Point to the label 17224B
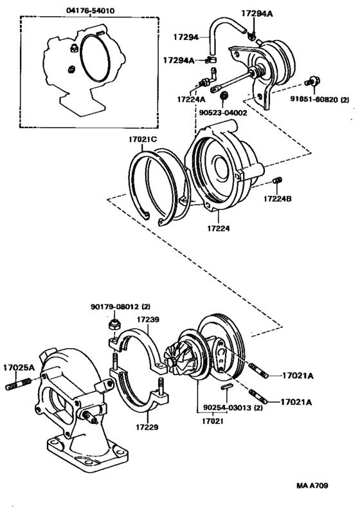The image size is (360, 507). point(277,199)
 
